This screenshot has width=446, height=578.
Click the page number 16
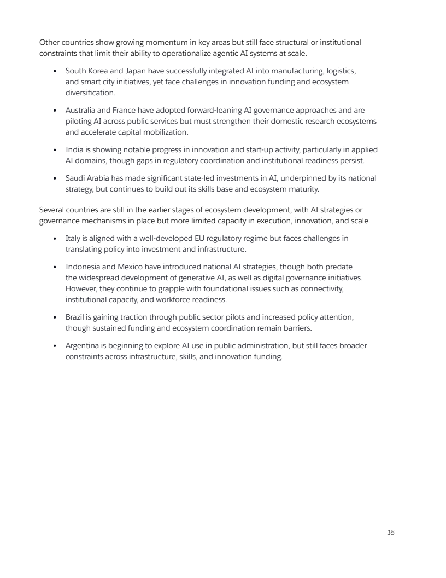tap(390, 533)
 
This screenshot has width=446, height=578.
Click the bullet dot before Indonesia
tap(56, 267)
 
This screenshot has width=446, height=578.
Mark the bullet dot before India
tap(56, 149)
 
